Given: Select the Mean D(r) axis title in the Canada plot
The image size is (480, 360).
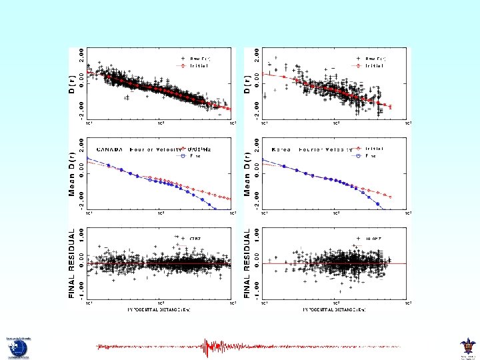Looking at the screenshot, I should click(x=73, y=173).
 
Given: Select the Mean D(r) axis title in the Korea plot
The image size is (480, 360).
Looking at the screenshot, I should click(x=247, y=173).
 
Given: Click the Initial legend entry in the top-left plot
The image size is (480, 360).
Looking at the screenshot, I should click(x=199, y=66).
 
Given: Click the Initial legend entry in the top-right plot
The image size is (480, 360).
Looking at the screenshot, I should click(x=374, y=66).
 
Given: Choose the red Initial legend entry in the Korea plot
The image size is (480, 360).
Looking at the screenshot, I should click(x=374, y=149).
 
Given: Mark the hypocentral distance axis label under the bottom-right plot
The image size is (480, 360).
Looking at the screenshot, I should click(x=333, y=310).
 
